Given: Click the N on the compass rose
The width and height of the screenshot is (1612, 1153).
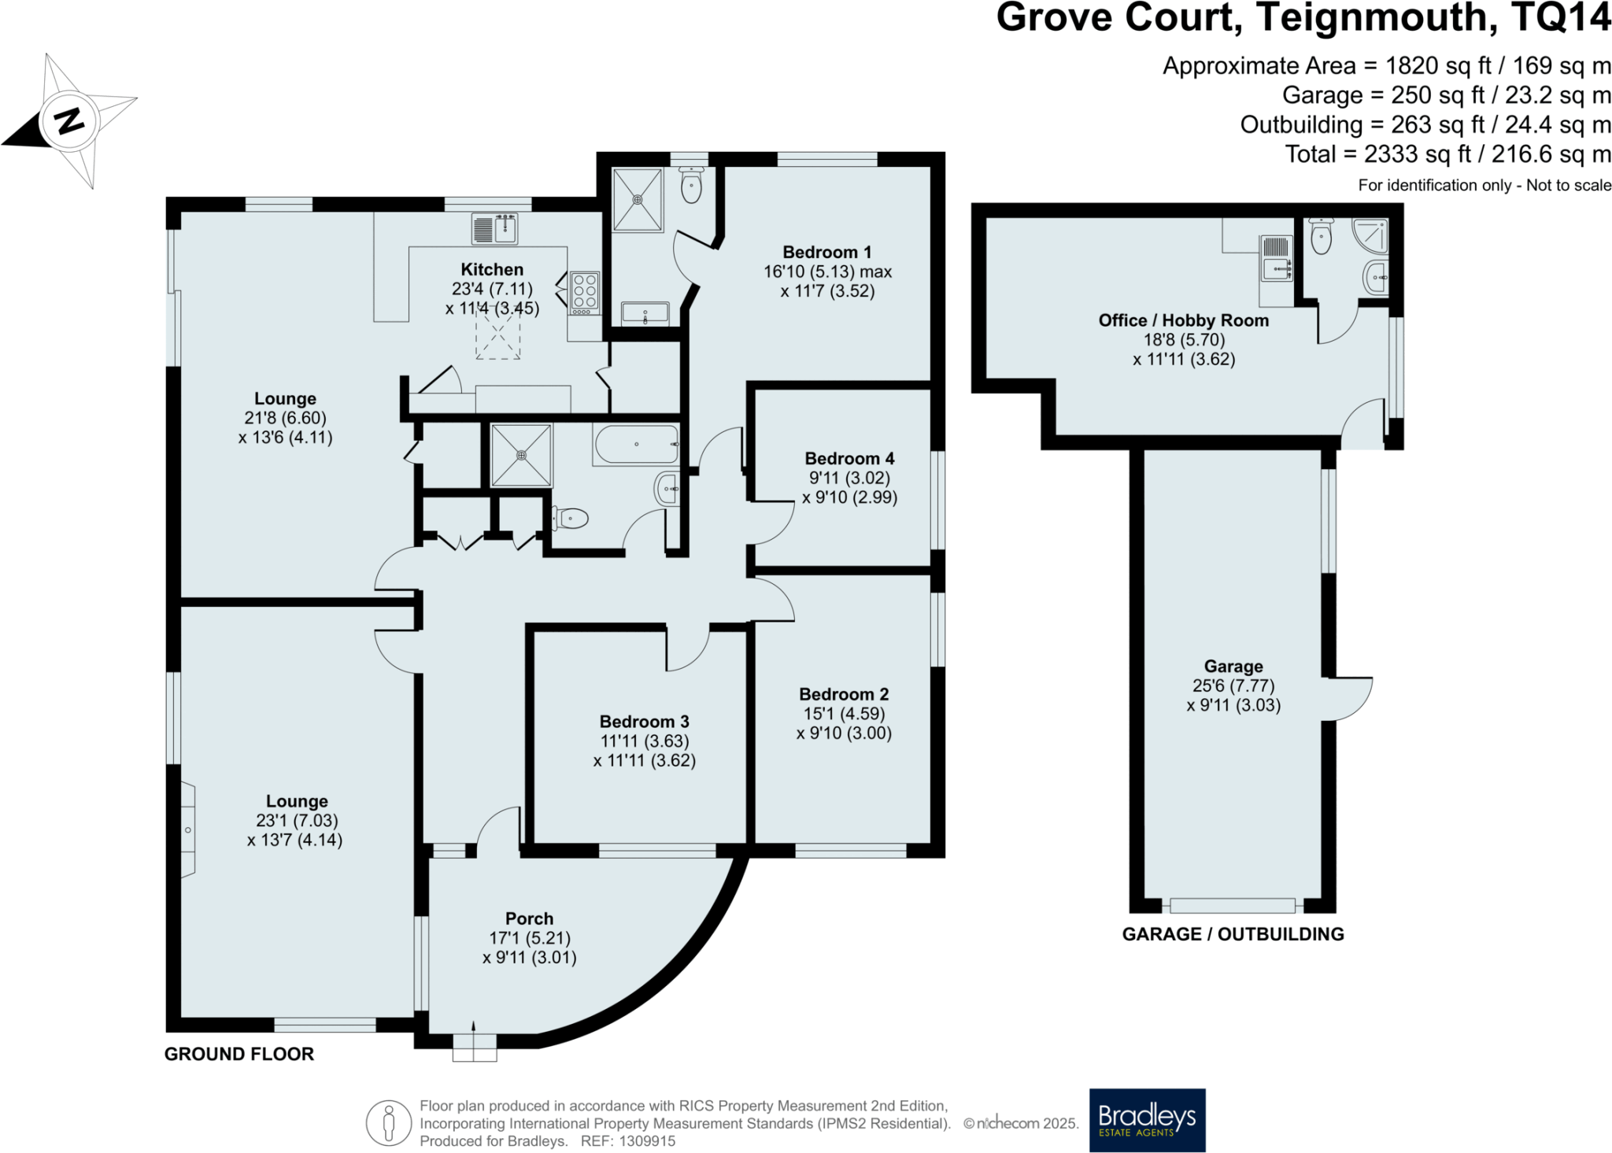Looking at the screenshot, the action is click(70, 121).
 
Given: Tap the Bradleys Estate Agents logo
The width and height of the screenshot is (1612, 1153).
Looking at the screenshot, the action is click(1147, 1120).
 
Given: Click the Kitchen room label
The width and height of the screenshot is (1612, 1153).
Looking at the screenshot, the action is click(492, 269).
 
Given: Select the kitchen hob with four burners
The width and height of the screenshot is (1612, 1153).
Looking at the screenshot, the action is click(585, 293).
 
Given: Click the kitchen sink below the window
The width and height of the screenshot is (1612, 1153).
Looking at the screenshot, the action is click(494, 229).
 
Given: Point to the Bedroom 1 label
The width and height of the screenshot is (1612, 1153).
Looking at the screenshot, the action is click(826, 252).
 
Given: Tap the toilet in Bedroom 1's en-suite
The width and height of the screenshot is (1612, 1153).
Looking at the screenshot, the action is click(691, 184).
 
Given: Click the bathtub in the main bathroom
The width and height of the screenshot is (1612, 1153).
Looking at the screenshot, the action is click(636, 445).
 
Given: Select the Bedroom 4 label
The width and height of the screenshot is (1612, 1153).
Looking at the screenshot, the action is click(849, 458).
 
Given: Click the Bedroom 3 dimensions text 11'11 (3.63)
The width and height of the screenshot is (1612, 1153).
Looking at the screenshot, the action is click(645, 741).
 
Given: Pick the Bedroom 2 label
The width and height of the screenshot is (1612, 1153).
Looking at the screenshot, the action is click(844, 694).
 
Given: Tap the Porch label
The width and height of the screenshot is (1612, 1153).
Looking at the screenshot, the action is click(529, 918).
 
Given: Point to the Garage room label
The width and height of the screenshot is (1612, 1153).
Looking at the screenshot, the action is click(1233, 666).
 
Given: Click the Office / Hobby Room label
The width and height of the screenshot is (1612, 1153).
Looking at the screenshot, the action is click(1184, 320).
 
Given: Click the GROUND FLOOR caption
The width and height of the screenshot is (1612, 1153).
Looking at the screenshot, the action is click(239, 1054).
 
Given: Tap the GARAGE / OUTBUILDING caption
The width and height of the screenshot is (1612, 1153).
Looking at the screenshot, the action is click(1233, 934).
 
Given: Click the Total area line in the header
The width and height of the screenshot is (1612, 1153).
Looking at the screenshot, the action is click(1448, 154).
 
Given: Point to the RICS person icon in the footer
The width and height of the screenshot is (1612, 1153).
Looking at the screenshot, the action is click(389, 1123).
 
